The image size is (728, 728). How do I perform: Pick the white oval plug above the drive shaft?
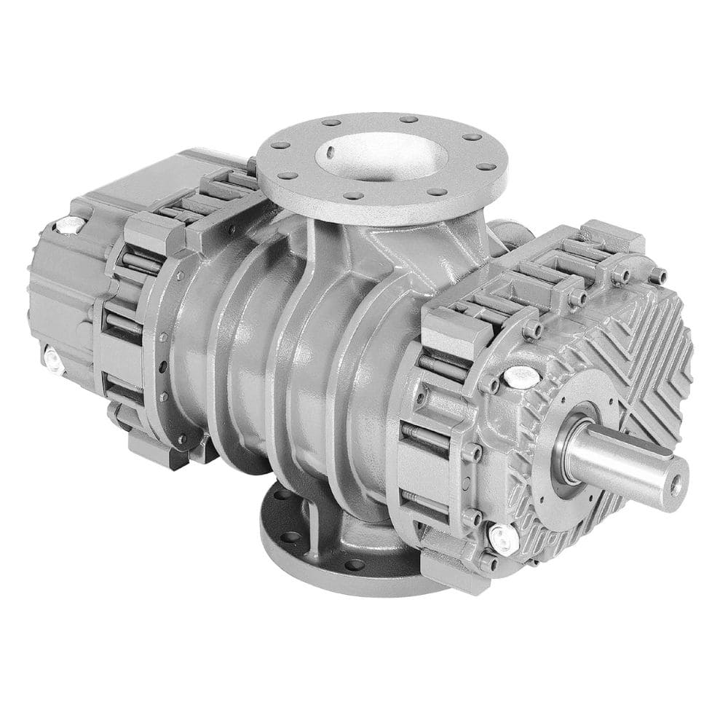[521, 376]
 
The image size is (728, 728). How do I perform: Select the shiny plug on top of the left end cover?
[70, 225]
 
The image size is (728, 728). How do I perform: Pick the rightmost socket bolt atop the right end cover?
[658, 276]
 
